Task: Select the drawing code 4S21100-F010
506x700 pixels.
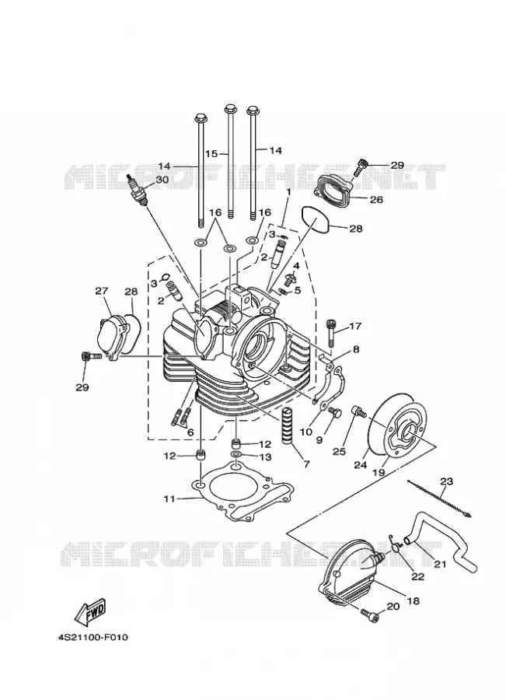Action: pyautogui.click(x=92, y=637)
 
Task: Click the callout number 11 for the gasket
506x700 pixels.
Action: pyautogui.click(x=169, y=499)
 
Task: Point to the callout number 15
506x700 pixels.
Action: pyautogui.click(x=211, y=153)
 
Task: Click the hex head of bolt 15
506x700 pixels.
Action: pyautogui.click(x=230, y=108)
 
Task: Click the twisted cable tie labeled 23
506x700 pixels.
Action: pyautogui.click(x=439, y=499)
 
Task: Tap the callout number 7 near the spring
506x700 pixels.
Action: pyautogui.click(x=306, y=464)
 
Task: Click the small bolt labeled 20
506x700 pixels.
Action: pyautogui.click(x=369, y=616)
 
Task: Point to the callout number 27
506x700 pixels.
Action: pyautogui.click(x=101, y=291)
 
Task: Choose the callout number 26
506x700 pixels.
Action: pyautogui.click(x=377, y=199)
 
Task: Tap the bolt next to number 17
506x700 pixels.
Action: pyautogui.click(x=330, y=333)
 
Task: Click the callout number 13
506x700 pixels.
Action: pyautogui.click(x=265, y=457)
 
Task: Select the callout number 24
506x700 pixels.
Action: pyautogui.click(x=361, y=465)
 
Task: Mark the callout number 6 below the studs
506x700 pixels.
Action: pyautogui.click(x=190, y=432)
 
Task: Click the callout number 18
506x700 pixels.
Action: pyautogui.click(x=414, y=601)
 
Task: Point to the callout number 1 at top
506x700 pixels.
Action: pyautogui.click(x=288, y=191)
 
